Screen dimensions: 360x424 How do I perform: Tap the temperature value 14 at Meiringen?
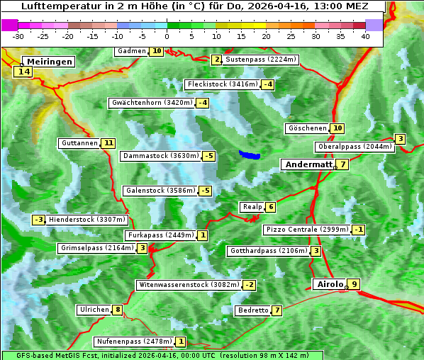(x=23, y=72)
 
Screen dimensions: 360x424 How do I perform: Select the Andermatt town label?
(x=308, y=164)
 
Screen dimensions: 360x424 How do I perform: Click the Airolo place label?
(x=330, y=284)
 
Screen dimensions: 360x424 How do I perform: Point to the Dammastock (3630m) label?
(x=160, y=156)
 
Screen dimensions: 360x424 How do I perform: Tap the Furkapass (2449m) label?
(x=160, y=235)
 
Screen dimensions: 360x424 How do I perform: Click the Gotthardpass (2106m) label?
(x=268, y=251)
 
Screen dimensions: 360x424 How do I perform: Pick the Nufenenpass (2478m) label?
(x=133, y=342)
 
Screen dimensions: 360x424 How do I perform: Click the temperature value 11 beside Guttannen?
(x=108, y=143)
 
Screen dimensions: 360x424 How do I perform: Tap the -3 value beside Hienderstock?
(x=39, y=220)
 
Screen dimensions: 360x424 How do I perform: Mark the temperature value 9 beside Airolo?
(x=355, y=285)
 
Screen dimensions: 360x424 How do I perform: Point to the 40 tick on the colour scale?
(x=365, y=36)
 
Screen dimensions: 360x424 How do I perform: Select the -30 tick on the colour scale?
(x=18, y=36)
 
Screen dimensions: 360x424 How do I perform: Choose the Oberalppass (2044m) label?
(x=355, y=147)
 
